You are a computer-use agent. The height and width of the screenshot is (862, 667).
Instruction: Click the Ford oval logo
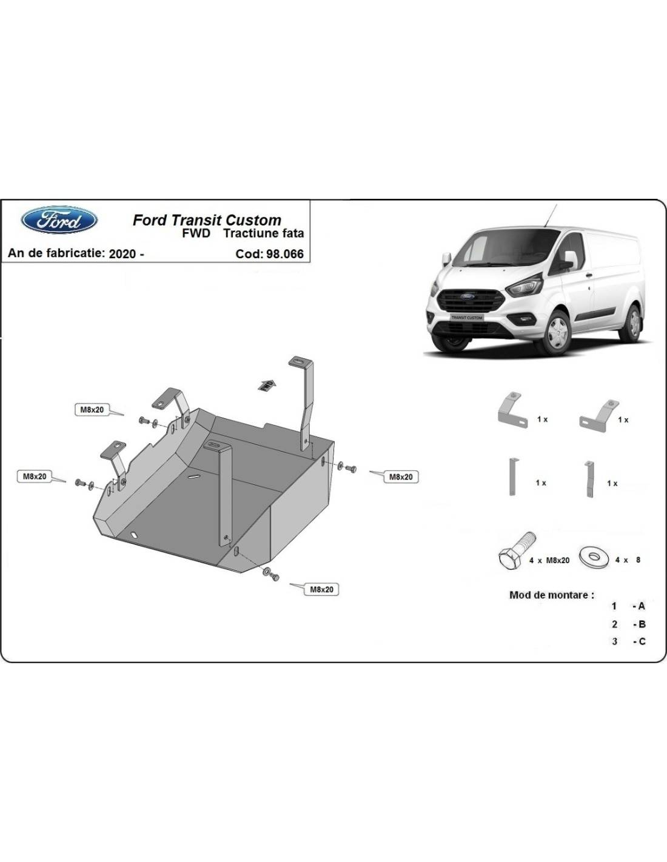[59, 220]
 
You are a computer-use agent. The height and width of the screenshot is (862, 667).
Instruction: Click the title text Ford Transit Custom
[207, 220]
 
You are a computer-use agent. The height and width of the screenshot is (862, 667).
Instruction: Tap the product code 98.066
[285, 253]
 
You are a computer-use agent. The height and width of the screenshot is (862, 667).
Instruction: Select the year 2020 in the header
[122, 253]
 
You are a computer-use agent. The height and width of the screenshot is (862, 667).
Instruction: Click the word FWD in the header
[196, 233]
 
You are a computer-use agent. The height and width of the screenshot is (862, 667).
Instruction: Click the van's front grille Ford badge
[468, 296]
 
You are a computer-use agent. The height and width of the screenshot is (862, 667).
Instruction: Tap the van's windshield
[501, 248]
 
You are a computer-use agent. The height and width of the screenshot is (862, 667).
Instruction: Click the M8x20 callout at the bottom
[321, 589]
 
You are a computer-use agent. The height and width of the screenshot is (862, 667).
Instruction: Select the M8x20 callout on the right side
[401, 477]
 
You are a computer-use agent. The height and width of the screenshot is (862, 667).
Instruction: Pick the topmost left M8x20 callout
[92, 410]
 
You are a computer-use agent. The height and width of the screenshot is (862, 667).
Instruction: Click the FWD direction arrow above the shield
[267, 385]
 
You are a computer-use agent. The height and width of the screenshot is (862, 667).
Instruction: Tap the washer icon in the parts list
[594, 557]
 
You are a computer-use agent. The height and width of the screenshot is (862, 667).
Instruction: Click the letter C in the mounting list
[642, 641]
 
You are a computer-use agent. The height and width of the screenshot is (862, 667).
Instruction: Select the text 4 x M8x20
[549, 561]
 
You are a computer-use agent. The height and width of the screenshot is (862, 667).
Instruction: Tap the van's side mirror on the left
[446, 259]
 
